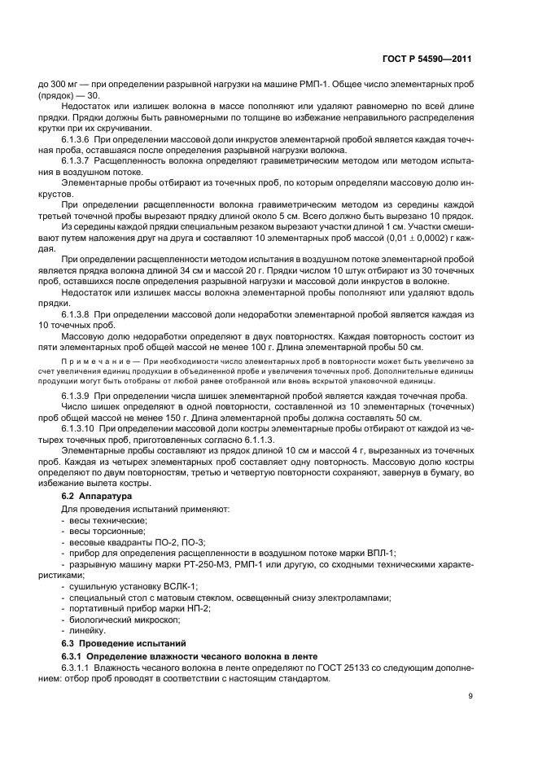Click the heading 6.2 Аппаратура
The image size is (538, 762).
coord(97,495)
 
